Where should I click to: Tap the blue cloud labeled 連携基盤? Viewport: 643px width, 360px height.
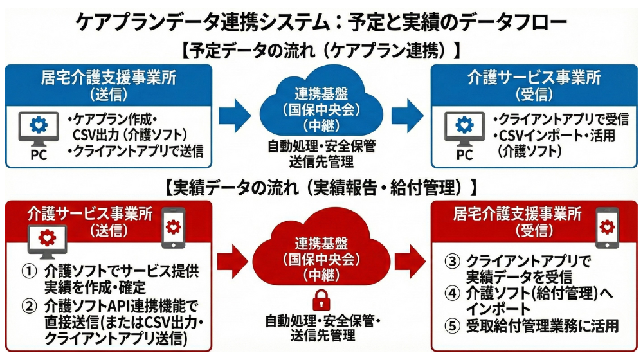point(321,106)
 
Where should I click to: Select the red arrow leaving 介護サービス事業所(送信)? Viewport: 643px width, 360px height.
point(233,261)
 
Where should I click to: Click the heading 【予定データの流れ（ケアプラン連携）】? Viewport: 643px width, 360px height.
point(321,50)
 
